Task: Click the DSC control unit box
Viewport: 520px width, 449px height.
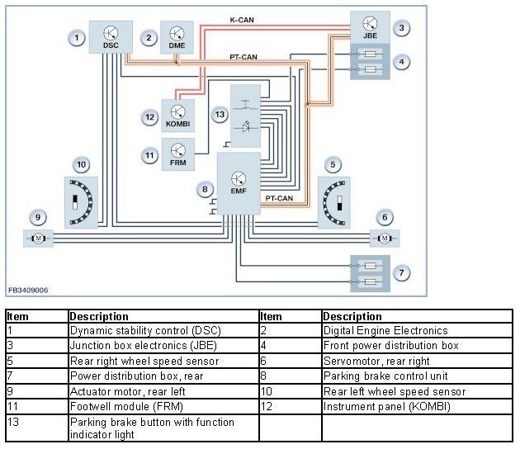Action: [x=111, y=37]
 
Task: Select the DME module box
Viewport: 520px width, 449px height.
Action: [x=177, y=37]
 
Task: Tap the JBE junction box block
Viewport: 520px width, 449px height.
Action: [x=370, y=27]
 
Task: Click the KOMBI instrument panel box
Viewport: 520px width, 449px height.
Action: [x=177, y=116]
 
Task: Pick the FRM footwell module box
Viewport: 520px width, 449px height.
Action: [x=177, y=154]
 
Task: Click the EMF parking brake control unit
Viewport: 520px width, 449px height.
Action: [x=239, y=183]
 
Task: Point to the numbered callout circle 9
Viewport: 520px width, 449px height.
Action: [x=38, y=217]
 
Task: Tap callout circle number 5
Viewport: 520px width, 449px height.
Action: [x=333, y=164]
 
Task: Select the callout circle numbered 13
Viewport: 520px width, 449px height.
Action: [x=220, y=115]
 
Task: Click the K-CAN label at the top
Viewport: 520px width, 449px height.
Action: [x=242, y=20]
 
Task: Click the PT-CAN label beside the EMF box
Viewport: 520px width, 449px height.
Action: [x=279, y=198]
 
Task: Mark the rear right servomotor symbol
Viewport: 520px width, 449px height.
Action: [x=385, y=238]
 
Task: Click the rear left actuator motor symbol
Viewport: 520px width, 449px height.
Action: [x=38, y=238]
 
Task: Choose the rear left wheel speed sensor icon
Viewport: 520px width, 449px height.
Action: [x=81, y=202]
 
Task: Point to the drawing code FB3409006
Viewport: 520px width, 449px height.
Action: [x=28, y=291]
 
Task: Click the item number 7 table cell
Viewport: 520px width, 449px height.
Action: [x=37, y=376]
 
